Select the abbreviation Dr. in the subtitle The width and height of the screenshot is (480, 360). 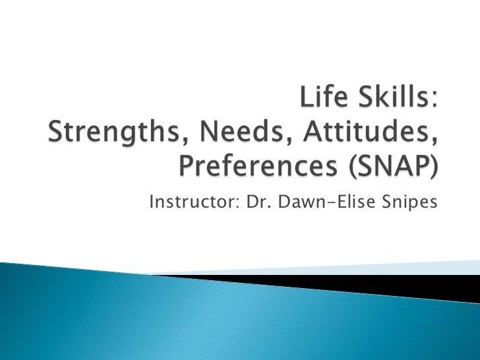pyautogui.click(x=255, y=201)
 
